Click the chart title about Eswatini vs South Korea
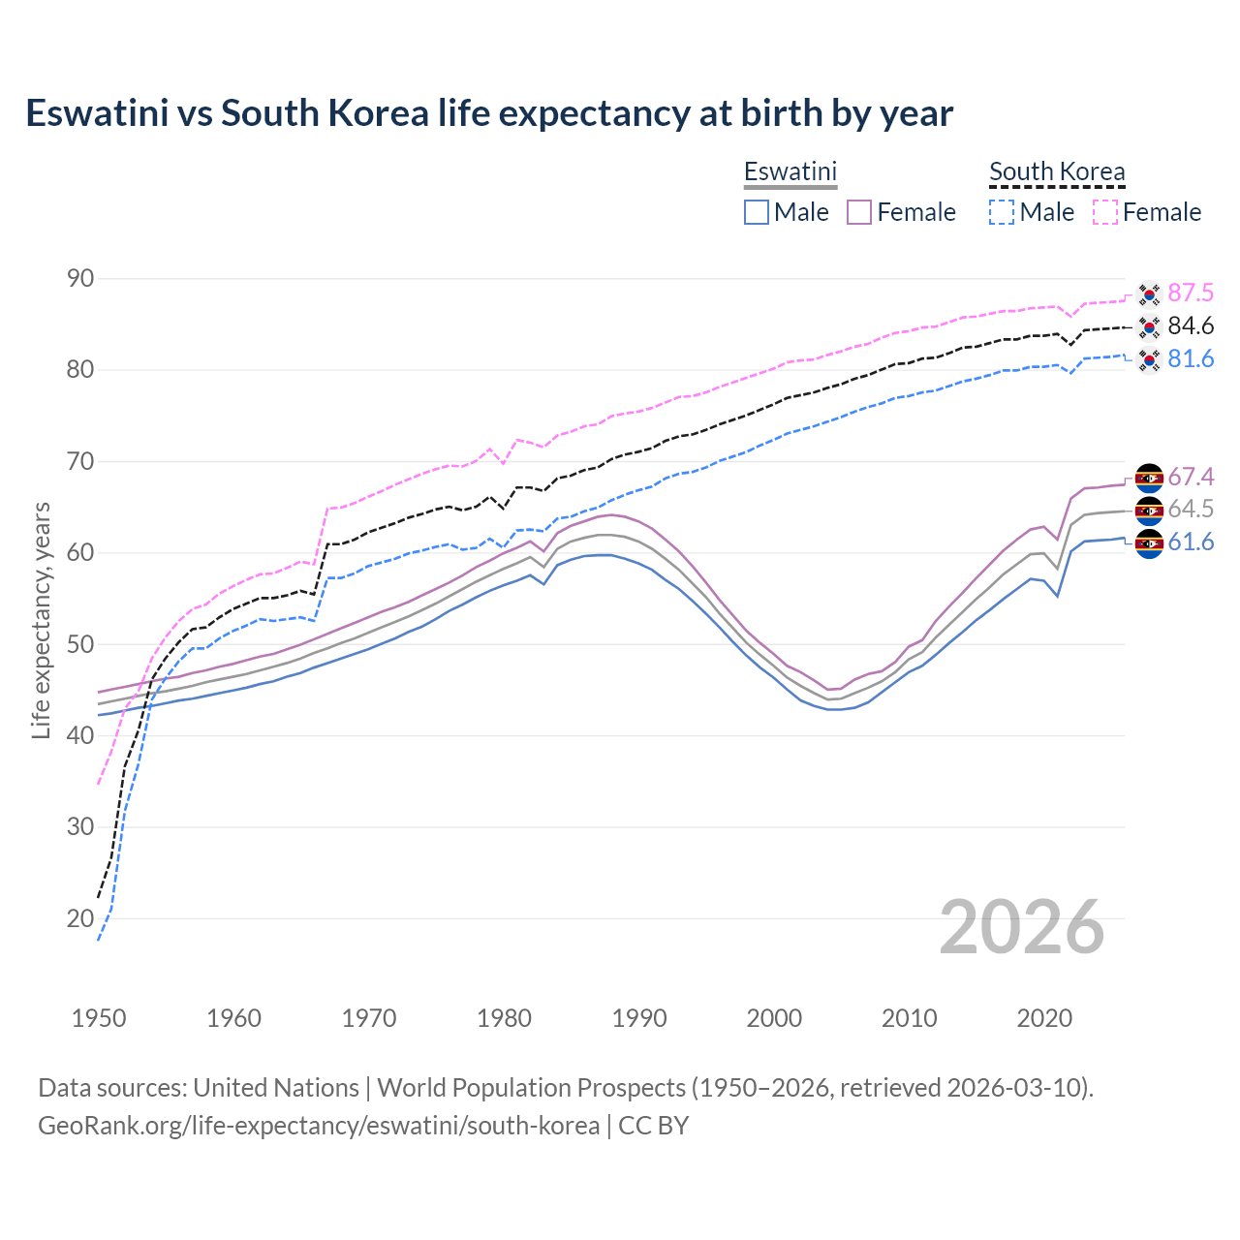pos(489,113)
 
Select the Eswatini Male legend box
pos(757,212)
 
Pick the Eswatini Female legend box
pos(859,212)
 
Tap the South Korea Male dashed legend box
pos(1002,212)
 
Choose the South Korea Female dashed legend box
pos(1105,212)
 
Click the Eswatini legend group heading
pos(790,171)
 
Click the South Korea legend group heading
pos(1057,171)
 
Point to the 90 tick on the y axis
pos(80,279)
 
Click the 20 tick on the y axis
pos(80,918)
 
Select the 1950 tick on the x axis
pos(99,1018)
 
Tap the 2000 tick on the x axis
pos(774,1018)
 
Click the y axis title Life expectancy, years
pos(41,620)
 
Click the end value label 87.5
pos(1191,294)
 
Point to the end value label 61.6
pos(1191,542)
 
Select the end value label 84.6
pos(1191,326)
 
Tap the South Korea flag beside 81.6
pos(1149,359)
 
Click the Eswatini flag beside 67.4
pos(1149,478)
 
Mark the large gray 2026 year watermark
pos(1021,927)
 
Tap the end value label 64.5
pos(1191,510)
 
